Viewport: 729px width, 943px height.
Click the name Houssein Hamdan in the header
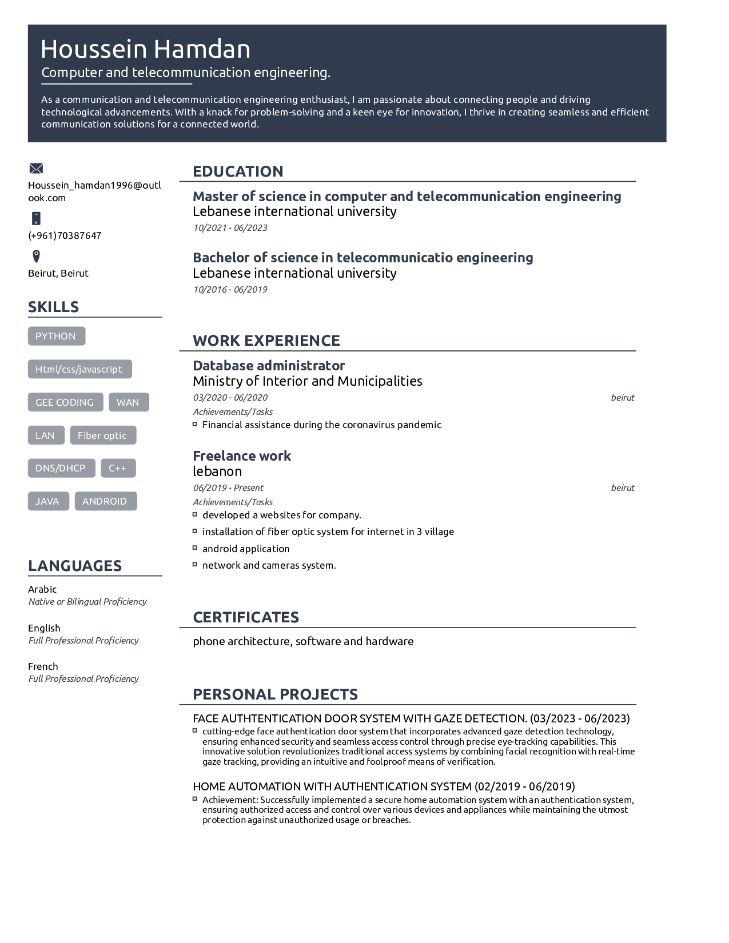point(145,49)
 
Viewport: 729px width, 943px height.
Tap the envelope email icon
point(36,168)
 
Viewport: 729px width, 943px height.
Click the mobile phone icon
point(36,218)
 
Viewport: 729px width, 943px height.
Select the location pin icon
point(36,255)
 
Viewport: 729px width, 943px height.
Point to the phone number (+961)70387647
point(65,235)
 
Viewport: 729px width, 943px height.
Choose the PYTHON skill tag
point(56,336)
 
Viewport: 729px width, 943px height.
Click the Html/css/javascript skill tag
point(79,369)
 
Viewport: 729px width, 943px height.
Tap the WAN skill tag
point(128,402)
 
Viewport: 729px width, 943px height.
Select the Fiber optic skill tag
point(102,435)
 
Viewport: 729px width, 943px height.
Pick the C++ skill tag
point(118,468)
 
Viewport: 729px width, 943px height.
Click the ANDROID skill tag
point(105,501)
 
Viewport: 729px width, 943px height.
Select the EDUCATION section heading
point(238,171)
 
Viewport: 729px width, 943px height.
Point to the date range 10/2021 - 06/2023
point(230,227)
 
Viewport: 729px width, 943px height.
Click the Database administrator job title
point(269,365)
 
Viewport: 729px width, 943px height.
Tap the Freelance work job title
point(242,455)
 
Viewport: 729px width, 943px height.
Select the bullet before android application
point(195,548)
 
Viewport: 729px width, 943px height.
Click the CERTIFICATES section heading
point(246,617)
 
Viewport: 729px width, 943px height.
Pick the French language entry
point(43,666)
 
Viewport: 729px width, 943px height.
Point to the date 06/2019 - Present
point(228,488)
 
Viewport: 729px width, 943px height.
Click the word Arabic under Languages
point(42,589)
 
